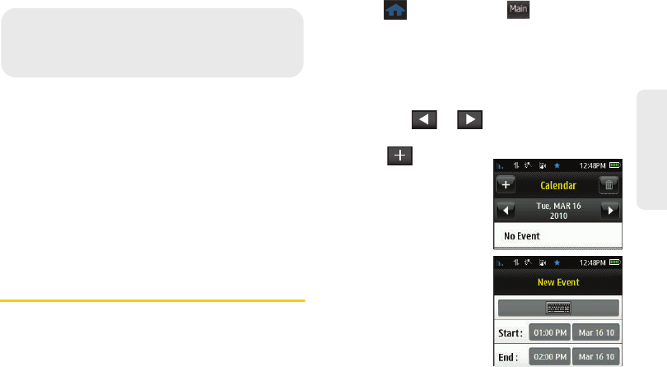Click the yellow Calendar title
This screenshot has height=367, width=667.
point(557,187)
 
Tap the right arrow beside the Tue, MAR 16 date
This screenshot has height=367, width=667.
point(609,210)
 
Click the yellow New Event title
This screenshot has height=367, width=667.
point(557,282)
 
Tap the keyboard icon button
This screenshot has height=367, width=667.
point(558,308)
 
